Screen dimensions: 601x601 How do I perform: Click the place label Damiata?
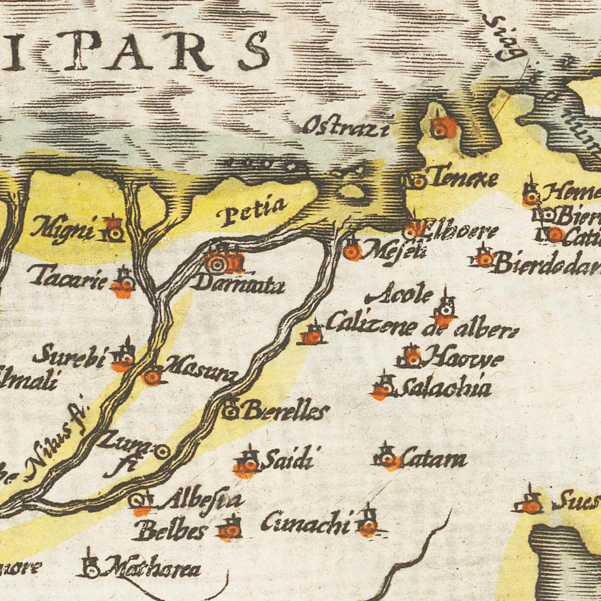pyautogui.click(x=239, y=285)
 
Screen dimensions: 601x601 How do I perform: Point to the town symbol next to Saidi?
pyautogui.click(x=248, y=464)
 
